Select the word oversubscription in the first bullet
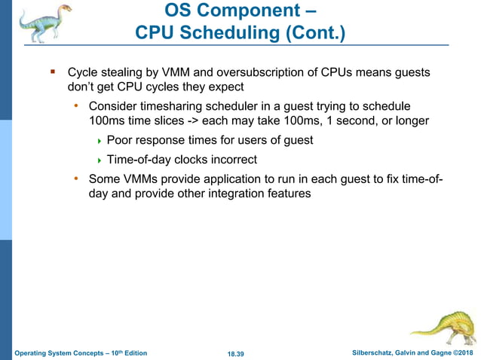tap(262, 73)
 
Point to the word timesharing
tap(169, 106)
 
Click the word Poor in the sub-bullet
tap(121, 140)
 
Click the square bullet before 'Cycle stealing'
tap(53, 73)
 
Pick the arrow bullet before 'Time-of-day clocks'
tap(100, 160)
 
